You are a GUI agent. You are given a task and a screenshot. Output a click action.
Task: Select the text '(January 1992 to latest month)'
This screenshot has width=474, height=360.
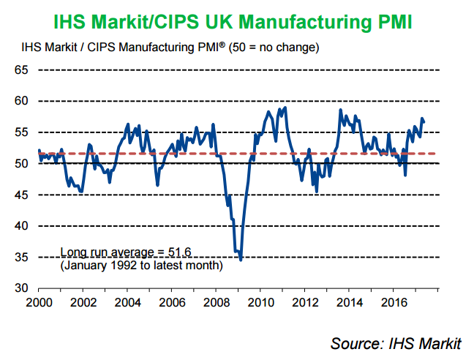click(x=140, y=265)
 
